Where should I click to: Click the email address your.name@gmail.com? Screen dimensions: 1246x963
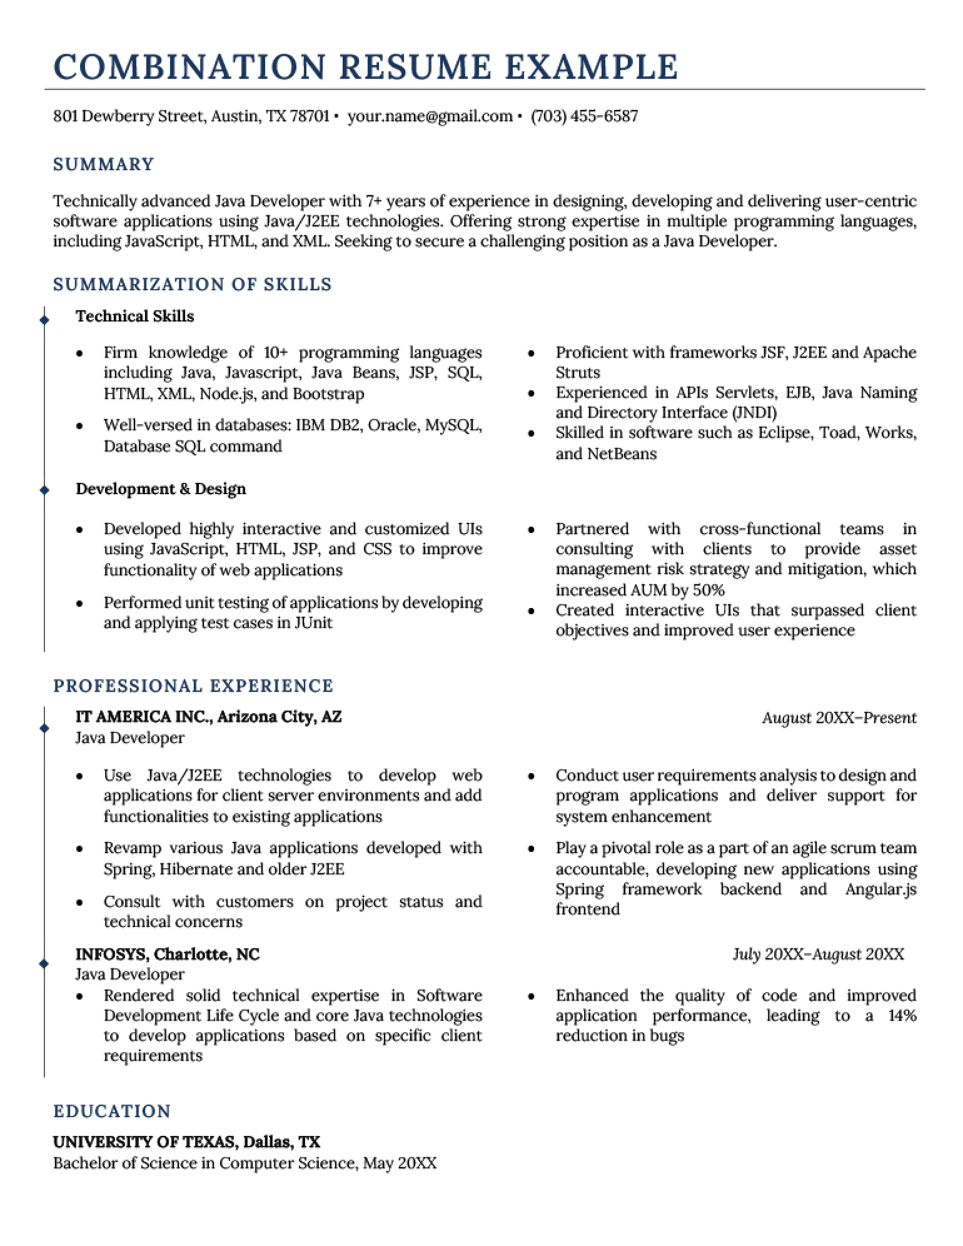[430, 116]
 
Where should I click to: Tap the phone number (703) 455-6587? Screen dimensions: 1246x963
[584, 116]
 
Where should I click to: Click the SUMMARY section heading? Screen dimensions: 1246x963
[103, 165]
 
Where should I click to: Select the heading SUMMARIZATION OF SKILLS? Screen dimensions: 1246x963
[192, 285]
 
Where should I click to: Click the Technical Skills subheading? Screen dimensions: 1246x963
[134, 317]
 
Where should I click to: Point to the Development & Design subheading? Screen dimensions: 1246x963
[161, 489]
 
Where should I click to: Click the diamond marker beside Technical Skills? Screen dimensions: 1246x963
[44, 320]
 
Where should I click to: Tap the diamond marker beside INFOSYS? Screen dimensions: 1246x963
[44, 964]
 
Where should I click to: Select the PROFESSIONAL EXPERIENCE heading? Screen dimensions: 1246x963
[193, 686]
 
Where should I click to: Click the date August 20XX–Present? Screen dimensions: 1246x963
[839, 718]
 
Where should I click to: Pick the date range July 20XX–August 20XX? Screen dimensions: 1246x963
[818, 955]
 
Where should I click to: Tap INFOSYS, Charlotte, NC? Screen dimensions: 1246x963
[167, 955]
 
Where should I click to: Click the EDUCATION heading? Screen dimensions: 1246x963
[112, 1112]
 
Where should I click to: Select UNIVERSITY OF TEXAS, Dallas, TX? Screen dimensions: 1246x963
[186, 1142]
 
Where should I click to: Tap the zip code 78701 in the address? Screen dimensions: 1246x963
[309, 116]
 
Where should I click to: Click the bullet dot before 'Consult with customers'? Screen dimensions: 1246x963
[79, 903]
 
